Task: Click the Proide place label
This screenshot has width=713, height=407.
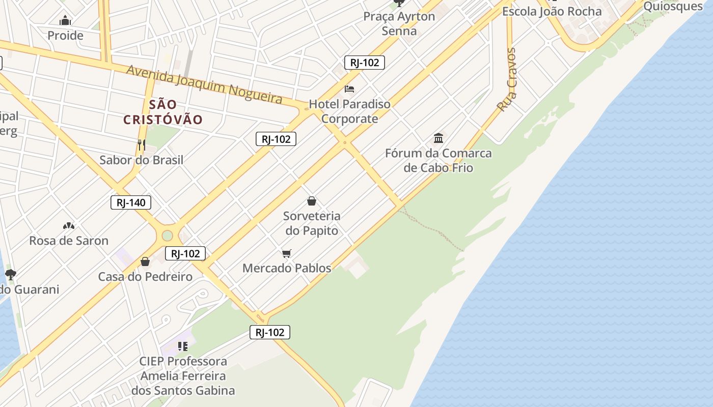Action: click(x=65, y=36)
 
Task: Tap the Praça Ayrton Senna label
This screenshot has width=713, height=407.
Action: click(x=399, y=23)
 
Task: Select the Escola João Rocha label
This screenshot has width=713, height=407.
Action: click(x=552, y=11)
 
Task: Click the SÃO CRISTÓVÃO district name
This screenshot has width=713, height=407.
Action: click(x=163, y=112)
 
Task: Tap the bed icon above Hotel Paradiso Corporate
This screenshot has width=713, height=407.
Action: click(x=349, y=89)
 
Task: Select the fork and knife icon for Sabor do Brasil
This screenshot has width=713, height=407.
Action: click(x=141, y=144)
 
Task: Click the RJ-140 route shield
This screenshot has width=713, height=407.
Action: click(x=131, y=202)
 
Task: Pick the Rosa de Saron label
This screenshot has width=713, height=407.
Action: click(x=69, y=241)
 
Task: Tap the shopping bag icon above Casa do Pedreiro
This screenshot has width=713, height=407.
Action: click(x=145, y=261)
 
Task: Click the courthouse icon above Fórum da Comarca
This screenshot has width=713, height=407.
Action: click(x=438, y=138)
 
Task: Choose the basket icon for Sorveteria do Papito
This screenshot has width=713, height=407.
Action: click(x=312, y=201)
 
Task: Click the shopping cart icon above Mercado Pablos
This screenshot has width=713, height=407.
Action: click(x=287, y=253)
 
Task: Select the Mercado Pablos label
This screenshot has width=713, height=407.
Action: click(x=287, y=268)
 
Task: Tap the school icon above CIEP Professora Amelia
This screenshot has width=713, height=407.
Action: click(x=183, y=346)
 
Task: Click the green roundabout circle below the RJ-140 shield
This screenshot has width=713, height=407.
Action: click(x=167, y=236)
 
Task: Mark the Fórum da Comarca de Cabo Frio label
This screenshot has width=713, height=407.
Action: click(x=438, y=160)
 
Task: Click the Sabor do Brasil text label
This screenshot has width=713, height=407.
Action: click(x=141, y=160)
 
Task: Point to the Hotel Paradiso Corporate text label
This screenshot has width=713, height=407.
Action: click(x=349, y=111)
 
